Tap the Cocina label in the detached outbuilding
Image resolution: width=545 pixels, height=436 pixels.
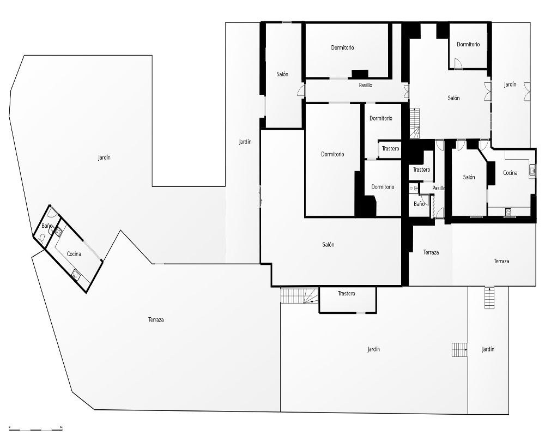click(x=74, y=254)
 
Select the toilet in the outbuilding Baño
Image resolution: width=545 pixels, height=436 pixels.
click(x=43, y=238)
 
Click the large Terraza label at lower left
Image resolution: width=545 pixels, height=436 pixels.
click(x=156, y=319)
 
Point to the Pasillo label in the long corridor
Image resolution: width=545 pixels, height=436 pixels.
click(x=365, y=85)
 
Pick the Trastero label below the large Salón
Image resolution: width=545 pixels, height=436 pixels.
click(x=346, y=293)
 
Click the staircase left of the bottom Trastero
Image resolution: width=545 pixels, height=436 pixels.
click(x=299, y=295)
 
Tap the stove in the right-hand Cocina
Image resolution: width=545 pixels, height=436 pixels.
click(x=508, y=212)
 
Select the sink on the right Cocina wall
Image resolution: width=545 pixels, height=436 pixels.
click(x=532, y=171)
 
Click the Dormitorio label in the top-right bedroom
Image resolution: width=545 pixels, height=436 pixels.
click(x=468, y=45)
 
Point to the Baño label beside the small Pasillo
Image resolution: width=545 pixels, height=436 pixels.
click(x=419, y=204)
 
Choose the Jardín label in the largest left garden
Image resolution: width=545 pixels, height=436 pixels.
click(x=104, y=158)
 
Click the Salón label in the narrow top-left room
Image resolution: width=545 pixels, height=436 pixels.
click(x=282, y=75)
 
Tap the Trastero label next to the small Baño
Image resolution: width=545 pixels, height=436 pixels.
click(x=421, y=169)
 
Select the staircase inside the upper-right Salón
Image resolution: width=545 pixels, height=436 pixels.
click(x=415, y=123)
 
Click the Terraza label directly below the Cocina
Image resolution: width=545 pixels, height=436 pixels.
click(x=501, y=261)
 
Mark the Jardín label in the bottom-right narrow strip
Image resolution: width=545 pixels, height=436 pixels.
click(x=488, y=349)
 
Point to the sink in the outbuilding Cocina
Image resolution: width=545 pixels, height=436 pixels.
click(x=76, y=275)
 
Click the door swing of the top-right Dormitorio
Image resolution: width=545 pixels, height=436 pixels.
click(x=458, y=64)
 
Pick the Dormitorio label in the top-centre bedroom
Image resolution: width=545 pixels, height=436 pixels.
click(x=342, y=47)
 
